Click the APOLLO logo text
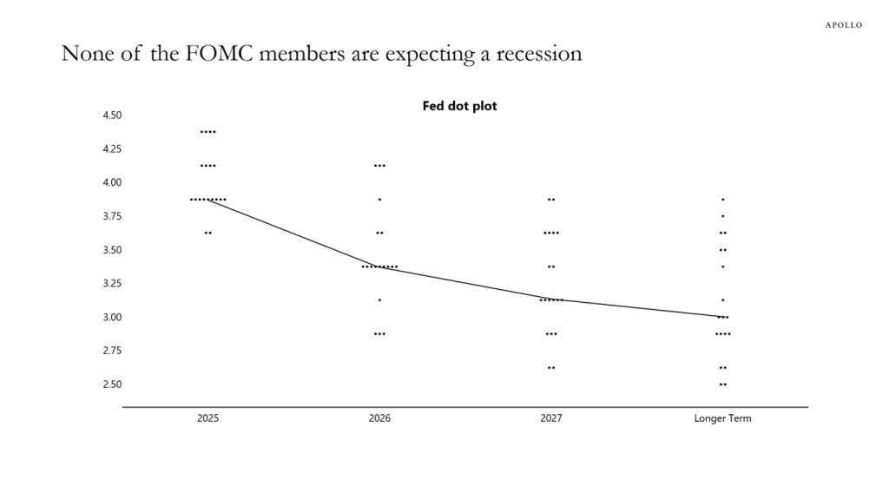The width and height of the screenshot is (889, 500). point(843,25)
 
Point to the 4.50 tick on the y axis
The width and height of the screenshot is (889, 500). point(112,115)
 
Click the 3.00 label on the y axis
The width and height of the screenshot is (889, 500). point(112,317)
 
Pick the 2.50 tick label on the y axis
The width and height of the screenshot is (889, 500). point(112,385)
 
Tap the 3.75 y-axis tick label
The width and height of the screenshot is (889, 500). point(112,216)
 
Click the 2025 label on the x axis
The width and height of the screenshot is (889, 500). point(207,418)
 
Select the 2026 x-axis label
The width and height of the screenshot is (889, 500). point(379,418)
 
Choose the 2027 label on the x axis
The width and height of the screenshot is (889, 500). point(550,418)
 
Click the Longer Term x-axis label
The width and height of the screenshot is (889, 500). point(722,418)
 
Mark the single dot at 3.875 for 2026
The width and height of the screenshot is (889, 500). point(379,200)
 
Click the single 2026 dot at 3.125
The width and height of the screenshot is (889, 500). point(379,300)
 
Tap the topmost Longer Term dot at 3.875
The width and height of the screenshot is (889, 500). point(723,200)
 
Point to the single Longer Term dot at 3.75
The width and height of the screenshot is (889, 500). point(723,216)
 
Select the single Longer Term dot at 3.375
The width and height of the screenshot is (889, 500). point(723,266)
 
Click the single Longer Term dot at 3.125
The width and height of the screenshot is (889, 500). point(723,300)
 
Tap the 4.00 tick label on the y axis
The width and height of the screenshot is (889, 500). point(112,182)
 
